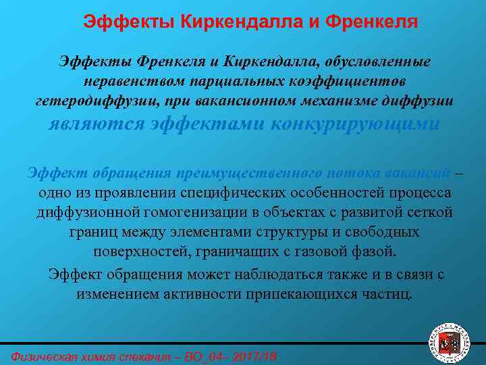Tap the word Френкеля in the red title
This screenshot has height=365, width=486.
(372, 22)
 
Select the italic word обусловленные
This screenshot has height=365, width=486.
(380, 62)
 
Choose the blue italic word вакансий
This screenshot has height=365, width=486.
(420, 172)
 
